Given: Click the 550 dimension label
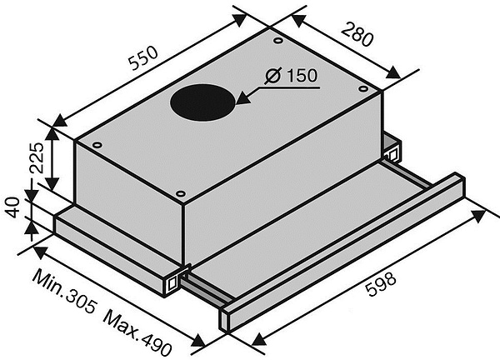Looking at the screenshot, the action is click(x=143, y=58).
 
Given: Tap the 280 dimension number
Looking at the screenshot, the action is click(x=357, y=34).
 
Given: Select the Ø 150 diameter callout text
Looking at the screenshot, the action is click(x=291, y=76).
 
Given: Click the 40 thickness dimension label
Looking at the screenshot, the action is click(x=13, y=207).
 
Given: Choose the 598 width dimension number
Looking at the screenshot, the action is click(x=382, y=284).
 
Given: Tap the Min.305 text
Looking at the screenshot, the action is click(x=65, y=291).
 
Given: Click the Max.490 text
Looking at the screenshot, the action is click(x=137, y=332).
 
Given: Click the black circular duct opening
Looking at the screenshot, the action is click(x=202, y=102).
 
